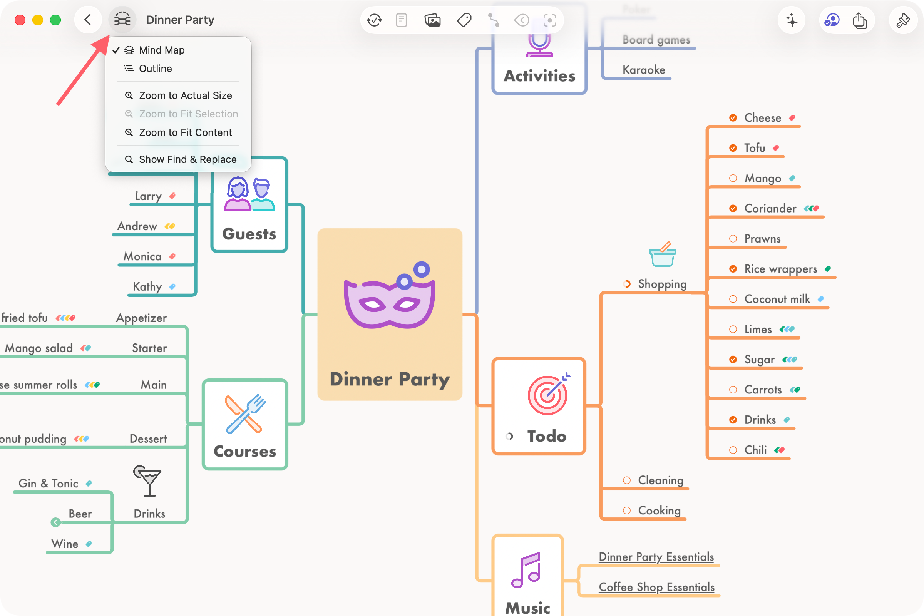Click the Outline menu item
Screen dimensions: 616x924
click(155, 69)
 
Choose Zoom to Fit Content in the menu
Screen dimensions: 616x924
click(185, 132)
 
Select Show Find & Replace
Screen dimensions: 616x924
click(187, 159)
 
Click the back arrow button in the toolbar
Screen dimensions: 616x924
click(88, 20)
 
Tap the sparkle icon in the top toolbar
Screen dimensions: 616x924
click(791, 20)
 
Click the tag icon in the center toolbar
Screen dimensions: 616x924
click(464, 20)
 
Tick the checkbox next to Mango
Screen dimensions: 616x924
click(733, 178)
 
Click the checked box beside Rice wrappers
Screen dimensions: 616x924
click(733, 269)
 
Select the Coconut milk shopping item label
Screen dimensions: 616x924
click(777, 300)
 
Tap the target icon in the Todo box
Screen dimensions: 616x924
click(547, 394)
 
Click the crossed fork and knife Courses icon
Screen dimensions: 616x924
click(245, 414)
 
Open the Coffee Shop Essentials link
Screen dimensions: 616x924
click(656, 587)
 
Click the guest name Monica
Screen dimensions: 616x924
click(142, 256)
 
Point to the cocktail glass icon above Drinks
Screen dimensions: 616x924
click(148, 480)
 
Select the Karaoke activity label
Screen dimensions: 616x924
click(643, 70)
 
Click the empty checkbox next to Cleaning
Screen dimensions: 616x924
click(627, 480)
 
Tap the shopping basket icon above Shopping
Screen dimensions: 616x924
click(662, 254)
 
